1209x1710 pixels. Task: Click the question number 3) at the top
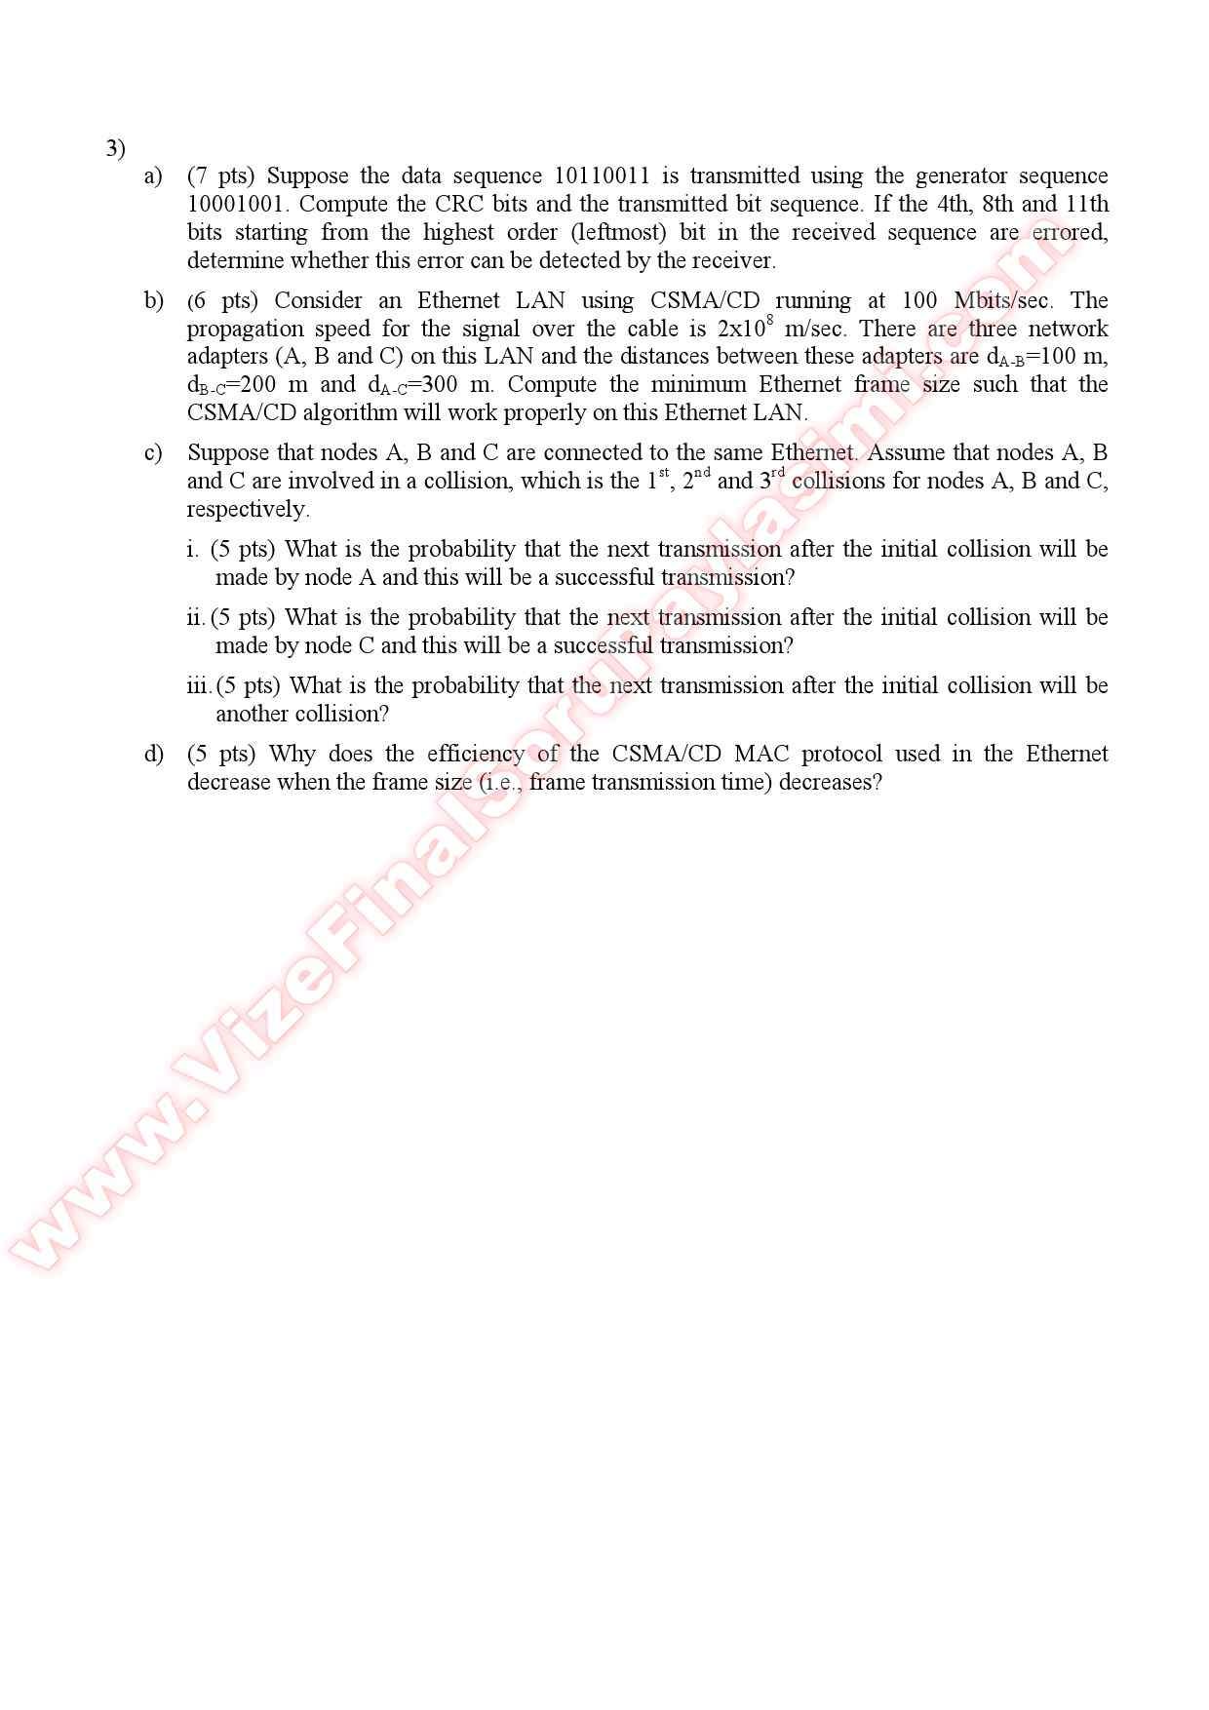[x=115, y=148]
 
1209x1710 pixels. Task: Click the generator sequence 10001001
[x=237, y=205]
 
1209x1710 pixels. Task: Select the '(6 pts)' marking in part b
[x=222, y=300]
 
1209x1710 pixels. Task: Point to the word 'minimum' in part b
[x=697, y=384]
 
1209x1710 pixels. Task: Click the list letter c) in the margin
[x=153, y=452]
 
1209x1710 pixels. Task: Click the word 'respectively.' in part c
[x=248, y=509]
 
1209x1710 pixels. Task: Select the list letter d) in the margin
[x=153, y=754]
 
